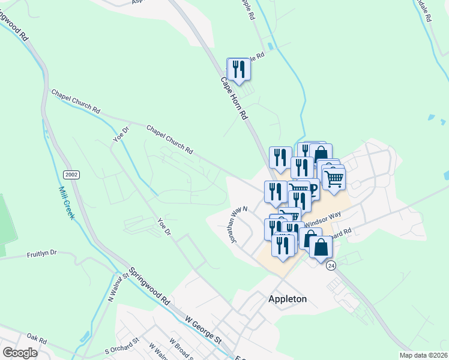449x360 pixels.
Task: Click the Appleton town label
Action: (x=287, y=299)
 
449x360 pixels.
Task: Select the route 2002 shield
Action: (x=71, y=174)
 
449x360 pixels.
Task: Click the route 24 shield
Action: (x=331, y=266)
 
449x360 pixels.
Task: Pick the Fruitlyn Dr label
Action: (x=41, y=254)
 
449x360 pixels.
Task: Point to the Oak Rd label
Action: (x=37, y=340)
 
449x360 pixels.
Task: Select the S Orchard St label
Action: (x=122, y=345)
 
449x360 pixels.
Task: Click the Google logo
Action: (x=20, y=352)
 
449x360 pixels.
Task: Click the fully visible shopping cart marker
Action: (x=334, y=178)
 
